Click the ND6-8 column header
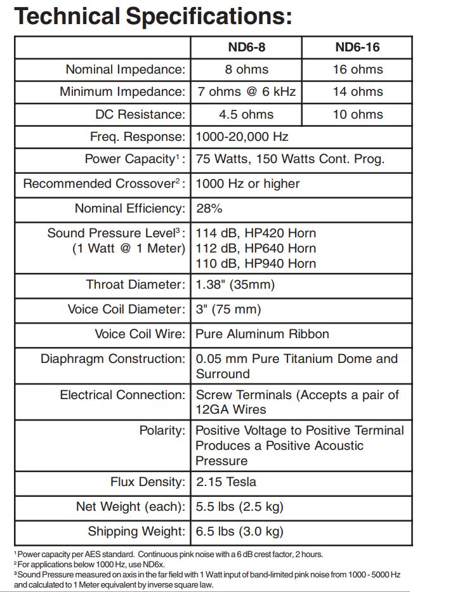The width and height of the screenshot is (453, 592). point(246,47)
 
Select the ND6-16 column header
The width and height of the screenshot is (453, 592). point(357,47)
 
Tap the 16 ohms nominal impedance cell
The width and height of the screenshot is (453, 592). point(357,69)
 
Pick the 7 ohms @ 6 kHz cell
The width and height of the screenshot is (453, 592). point(246,91)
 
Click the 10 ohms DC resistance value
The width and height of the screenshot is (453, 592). point(357,114)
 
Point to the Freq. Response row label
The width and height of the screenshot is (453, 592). point(138,136)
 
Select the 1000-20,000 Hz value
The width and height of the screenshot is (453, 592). point(242,136)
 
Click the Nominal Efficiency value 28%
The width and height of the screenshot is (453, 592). point(209,208)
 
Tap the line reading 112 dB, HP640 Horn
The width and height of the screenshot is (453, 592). point(256,248)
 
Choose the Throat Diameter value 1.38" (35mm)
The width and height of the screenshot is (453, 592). point(235,285)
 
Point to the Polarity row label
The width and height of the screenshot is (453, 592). point(162,431)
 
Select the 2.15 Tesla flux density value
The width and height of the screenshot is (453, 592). point(226,482)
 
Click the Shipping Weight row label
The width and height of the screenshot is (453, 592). point(136,531)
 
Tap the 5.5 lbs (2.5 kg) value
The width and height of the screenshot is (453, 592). point(239,506)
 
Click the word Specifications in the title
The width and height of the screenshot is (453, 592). point(204,15)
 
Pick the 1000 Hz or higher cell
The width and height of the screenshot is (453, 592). point(247,183)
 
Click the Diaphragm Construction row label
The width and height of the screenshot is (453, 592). point(113,358)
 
